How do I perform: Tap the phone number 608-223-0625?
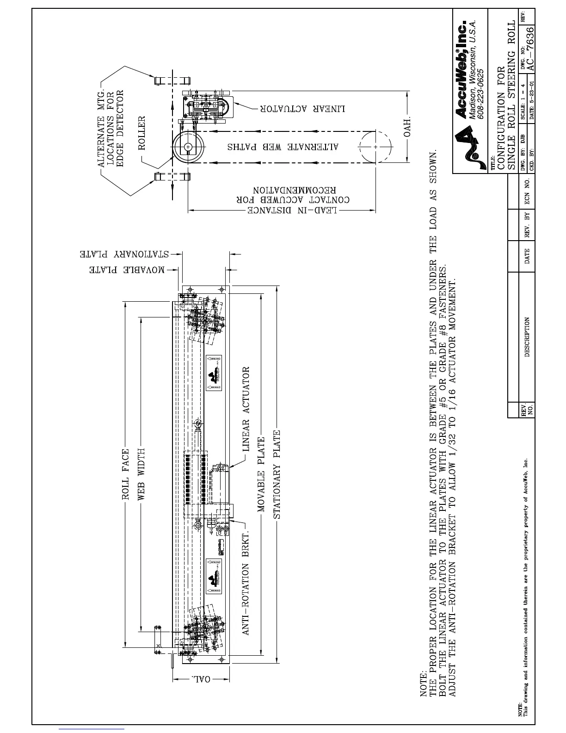click(x=480, y=90)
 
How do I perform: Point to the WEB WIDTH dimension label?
click(x=141, y=474)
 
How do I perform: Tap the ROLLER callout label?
click(x=141, y=133)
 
